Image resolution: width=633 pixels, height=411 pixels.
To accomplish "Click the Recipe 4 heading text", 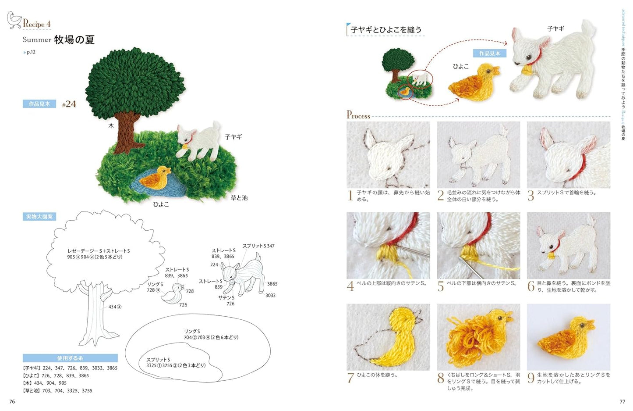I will [x=37, y=24].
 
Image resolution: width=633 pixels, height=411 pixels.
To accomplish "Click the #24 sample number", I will [x=69, y=104].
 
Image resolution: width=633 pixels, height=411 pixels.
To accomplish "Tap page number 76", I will [x=12, y=401].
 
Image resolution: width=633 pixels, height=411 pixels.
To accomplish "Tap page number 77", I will [x=622, y=401].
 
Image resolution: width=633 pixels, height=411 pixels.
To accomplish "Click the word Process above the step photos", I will [x=358, y=115].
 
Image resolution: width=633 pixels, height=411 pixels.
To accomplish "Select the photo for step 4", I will [x=388, y=246].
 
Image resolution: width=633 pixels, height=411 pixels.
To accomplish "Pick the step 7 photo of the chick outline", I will [x=388, y=337].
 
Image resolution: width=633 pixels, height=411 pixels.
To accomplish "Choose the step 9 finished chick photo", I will [x=568, y=337].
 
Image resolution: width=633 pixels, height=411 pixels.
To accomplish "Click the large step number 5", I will [x=441, y=286].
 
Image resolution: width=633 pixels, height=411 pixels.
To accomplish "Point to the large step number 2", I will [x=441, y=196].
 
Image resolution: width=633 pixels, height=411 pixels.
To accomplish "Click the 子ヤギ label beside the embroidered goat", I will [x=233, y=137].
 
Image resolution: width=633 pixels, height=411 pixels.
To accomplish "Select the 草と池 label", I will [x=239, y=198].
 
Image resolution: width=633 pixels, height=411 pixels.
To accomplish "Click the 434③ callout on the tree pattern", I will [x=115, y=307].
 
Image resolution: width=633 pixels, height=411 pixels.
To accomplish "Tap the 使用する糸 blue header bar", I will [x=70, y=358].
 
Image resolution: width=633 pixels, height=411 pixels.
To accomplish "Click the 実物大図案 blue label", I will [x=39, y=217].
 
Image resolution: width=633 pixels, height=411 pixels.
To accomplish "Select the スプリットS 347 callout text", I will [x=258, y=246].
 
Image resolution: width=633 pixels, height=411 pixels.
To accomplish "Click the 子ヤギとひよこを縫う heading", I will [x=386, y=30].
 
